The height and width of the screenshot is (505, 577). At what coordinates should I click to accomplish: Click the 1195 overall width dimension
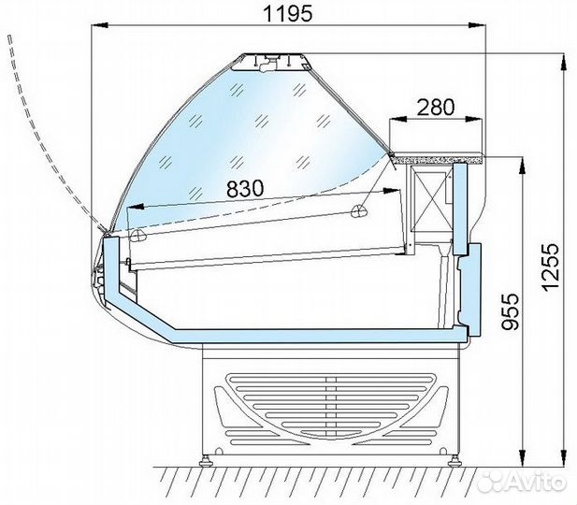(288, 14)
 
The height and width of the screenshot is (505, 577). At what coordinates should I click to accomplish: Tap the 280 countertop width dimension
(436, 108)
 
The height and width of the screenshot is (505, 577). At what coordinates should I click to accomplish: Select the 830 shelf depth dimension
(245, 189)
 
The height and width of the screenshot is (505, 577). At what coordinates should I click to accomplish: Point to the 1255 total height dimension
(551, 267)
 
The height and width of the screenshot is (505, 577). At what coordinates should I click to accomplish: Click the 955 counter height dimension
(511, 311)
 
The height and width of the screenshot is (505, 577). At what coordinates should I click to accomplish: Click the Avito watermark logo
(522, 480)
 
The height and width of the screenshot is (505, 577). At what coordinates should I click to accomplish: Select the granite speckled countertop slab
(438, 158)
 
